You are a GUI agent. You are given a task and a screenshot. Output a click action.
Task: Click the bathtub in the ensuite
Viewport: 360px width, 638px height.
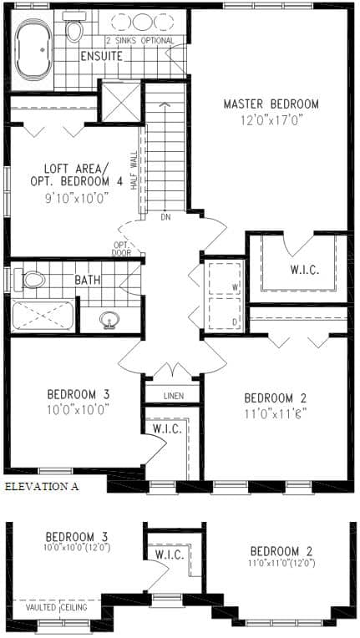pos(33,48)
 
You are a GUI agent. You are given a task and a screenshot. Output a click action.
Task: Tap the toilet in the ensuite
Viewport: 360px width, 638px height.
pos(74,28)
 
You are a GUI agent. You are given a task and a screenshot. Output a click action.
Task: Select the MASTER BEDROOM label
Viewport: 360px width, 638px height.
pos(271,104)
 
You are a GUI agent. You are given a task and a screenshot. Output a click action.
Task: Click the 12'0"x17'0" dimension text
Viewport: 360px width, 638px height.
pos(271,120)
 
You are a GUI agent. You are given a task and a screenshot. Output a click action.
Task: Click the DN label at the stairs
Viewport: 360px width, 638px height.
pos(165,217)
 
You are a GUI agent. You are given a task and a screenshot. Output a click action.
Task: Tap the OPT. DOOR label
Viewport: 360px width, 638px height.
pos(122,249)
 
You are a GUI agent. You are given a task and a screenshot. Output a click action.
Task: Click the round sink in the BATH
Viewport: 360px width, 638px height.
pos(109,320)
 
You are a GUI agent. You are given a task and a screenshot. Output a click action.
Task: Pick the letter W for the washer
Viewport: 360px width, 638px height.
pos(235,287)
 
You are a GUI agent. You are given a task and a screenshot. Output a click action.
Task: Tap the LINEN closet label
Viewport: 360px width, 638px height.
pos(174,396)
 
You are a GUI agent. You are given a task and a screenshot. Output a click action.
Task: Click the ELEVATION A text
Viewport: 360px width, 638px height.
pos(42,486)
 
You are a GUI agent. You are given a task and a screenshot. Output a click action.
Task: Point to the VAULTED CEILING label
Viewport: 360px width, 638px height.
pos(57,607)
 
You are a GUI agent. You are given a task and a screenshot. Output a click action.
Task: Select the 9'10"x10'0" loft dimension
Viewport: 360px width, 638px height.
pos(78,198)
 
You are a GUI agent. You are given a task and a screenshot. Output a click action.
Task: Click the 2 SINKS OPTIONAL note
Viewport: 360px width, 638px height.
pos(140,41)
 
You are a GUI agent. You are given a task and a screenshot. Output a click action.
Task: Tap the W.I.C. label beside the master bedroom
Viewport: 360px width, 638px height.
pos(304,271)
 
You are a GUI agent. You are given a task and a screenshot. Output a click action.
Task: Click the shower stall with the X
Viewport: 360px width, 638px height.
pos(121,102)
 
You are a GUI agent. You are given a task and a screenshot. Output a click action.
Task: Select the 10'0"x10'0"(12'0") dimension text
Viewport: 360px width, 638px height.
pos(78,547)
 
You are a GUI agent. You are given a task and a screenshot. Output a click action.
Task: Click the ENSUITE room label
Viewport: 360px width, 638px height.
pos(101,56)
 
